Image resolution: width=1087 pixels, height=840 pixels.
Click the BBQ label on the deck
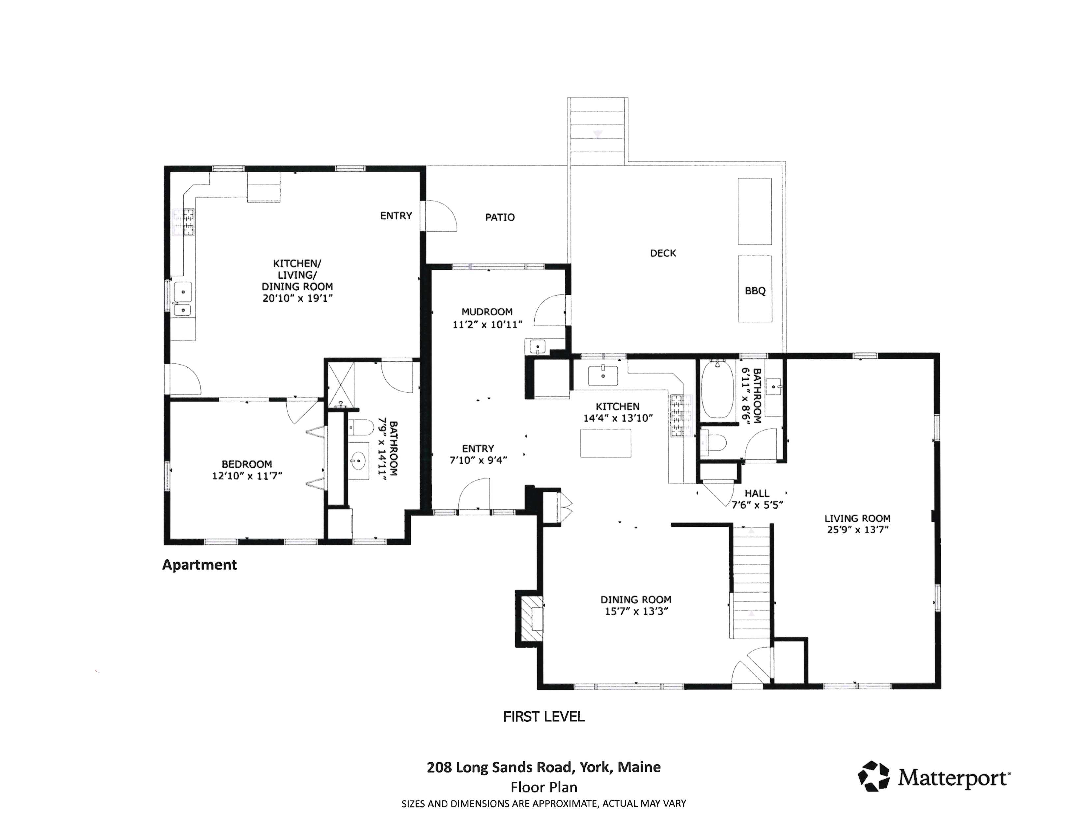click(755, 291)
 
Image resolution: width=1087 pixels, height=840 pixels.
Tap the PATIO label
click(500, 217)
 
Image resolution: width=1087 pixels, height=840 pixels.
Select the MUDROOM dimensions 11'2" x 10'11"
click(487, 324)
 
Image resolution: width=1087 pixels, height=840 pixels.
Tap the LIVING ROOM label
click(857, 518)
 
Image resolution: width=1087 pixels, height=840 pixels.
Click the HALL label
click(757, 493)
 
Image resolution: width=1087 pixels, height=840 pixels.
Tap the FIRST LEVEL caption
click(543, 716)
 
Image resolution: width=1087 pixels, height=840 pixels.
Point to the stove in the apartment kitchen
click(183, 222)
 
